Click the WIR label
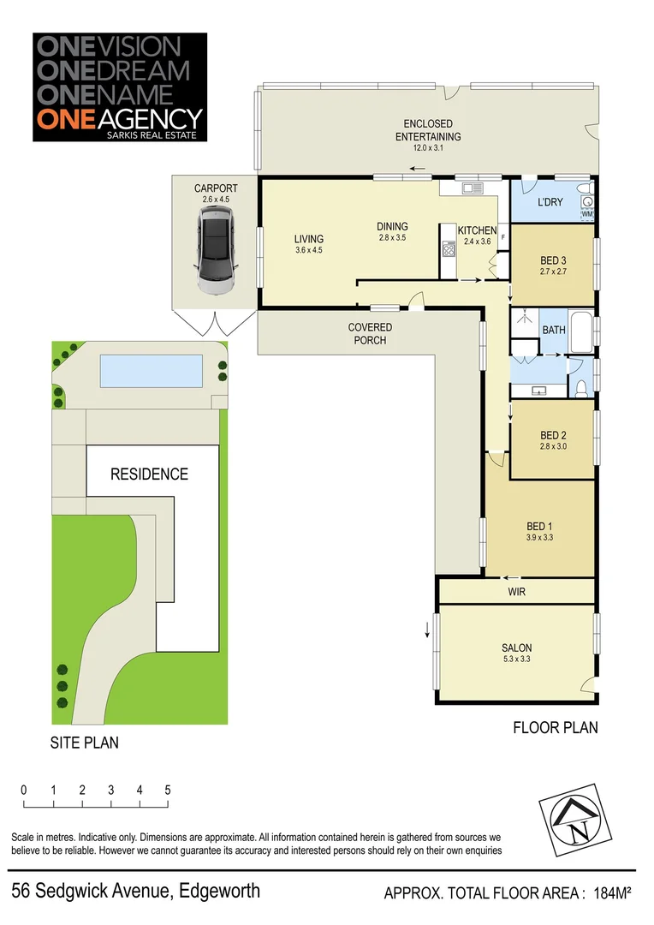[516, 592]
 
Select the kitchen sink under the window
[470, 188]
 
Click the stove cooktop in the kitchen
[448, 249]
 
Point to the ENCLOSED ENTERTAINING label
[427, 130]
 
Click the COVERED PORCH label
[370, 333]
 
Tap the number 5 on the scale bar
[168, 790]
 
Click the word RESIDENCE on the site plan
[148, 474]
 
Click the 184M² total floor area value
[611, 894]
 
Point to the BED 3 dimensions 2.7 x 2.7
[552, 272]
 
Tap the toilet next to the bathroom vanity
[581, 388]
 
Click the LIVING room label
[308, 239]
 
